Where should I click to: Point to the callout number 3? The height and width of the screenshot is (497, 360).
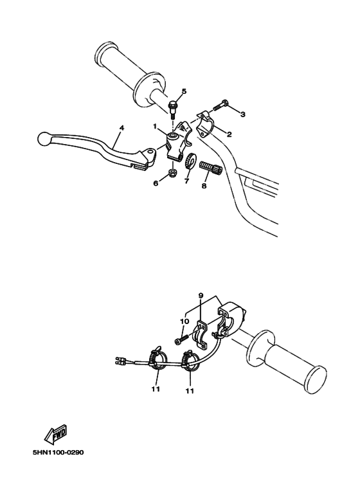coord(242,114)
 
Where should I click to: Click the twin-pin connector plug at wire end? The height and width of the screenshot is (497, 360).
coord(120,361)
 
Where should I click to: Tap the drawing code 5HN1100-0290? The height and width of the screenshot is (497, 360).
coord(58,452)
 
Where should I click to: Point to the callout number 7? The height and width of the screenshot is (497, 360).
coord(186,183)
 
